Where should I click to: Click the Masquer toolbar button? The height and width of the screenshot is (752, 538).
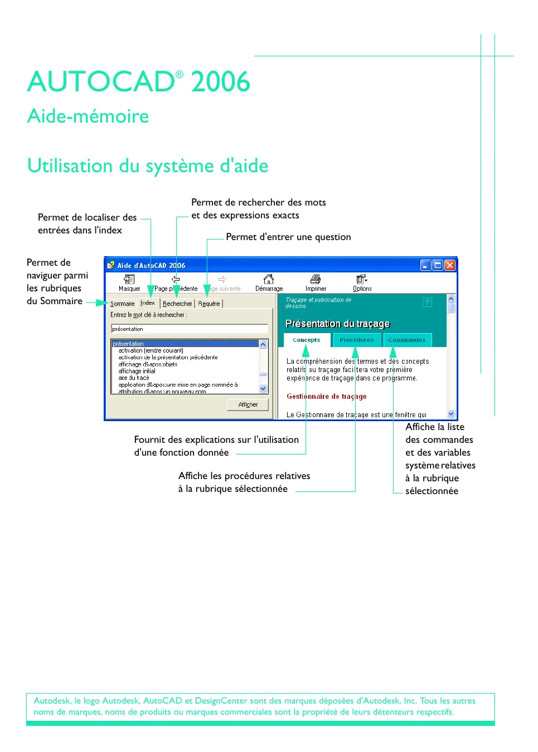pyautogui.click(x=129, y=282)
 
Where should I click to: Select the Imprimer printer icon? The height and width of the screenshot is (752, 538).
pyautogui.click(x=316, y=279)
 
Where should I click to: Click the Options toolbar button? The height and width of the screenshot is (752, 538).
pyautogui.click(x=362, y=282)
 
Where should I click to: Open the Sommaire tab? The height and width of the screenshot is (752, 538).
pyautogui.click(x=122, y=304)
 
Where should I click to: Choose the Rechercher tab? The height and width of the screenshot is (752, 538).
pyautogui.click(x=177, y=304)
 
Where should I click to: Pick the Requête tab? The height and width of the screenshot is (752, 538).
pyautogui.click(x=209, y=304)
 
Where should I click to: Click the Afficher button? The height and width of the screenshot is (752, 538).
pyautogui.click(x=248, y=404)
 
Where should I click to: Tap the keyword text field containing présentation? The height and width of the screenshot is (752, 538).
pyautogui.click(x=189, y=329)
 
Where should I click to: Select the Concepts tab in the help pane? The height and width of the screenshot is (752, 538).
pyautogui.click(x=307, y=340)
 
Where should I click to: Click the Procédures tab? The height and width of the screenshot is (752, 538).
pyautogui.click(x=356, y=340)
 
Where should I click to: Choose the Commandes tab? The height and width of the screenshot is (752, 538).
pyautogui.click(x=406, y=340)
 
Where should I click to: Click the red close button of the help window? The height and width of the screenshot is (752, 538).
pyautogui.click(x=450, y=265)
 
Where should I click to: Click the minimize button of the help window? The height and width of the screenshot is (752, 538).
pyautogui.click(x=425, y=265)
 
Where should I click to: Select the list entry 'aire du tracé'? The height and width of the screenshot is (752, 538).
pyautogui.click(x=134, y=378)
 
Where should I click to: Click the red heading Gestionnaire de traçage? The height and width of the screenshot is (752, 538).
pyautogui.click(x=327, y=397)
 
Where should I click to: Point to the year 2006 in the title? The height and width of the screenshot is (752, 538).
pyautogui.click(x=220, y=82)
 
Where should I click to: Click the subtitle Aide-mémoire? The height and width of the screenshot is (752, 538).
pyautogui.click(x=88, y=116)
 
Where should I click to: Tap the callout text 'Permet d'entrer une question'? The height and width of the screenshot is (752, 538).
pyautogui.click(x=288, y=237)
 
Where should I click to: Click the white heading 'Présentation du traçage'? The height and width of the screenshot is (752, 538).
pyautogui.click(x=337, y=324)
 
